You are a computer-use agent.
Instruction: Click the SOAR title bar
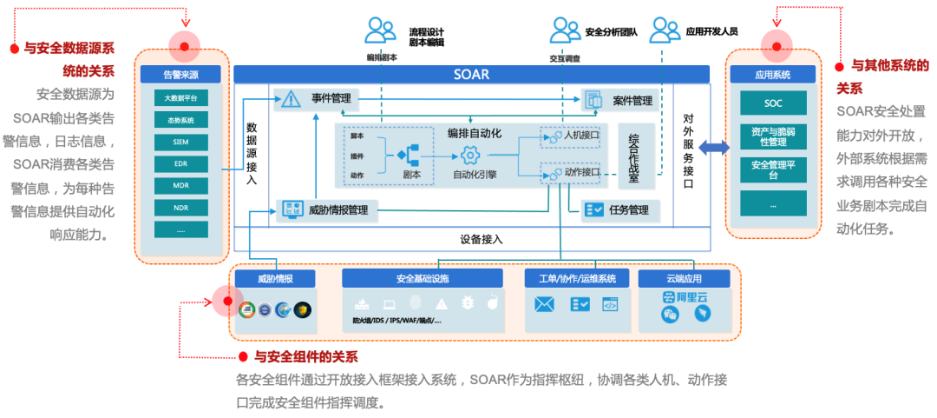(471, 75)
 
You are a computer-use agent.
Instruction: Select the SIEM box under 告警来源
(180, 142)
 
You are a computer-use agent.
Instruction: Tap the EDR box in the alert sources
(180, 163)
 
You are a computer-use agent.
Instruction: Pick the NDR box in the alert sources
(180, 208)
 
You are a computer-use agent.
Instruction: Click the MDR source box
(180, 186)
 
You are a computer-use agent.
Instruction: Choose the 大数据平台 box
(180, 97)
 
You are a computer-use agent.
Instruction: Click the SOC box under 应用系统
(773, 103)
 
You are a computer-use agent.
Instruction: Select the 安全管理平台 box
(773, 169)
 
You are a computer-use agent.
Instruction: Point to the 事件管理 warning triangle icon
(292, 99)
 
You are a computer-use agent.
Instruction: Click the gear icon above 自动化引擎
(470, 156)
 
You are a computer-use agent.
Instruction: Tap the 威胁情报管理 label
(337, 209)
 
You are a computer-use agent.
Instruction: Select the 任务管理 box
(620, 209)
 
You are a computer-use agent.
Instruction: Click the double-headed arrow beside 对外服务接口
(714, 148)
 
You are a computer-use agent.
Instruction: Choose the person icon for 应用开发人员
(665, 30)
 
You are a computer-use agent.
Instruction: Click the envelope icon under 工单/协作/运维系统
(545, 304)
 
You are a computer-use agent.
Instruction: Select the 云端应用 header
(685, 279)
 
